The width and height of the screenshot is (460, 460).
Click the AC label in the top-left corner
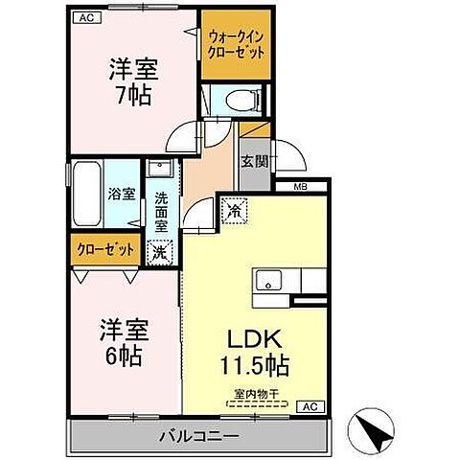(83, 17)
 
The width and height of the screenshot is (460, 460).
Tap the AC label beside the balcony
(310, 405)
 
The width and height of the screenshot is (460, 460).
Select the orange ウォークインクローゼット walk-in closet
(234, 44)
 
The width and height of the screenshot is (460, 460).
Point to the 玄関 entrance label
(254, 160)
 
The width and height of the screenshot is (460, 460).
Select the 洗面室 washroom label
(160, 212)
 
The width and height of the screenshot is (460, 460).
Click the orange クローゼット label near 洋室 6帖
(105, 249)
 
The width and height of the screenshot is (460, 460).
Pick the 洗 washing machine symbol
(160, 251)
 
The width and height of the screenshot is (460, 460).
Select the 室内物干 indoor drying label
(253, 393)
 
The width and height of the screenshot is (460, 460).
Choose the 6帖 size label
(124, 356)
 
